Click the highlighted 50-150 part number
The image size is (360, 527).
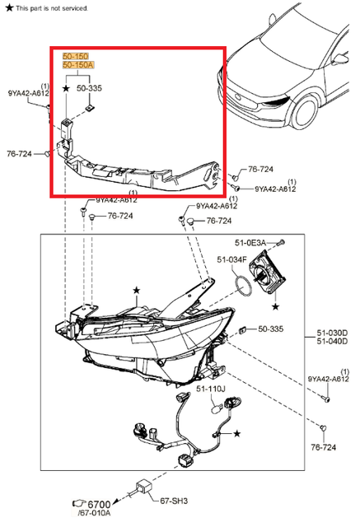click(x=77, y=55)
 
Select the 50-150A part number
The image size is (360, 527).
click(x=79, y=64)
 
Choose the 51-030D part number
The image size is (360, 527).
click(x=333, y=333)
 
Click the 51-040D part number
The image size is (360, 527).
click(x=333, y=343)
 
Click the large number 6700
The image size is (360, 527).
click(x=99, y=503)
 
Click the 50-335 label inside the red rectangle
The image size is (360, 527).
click(x=90, y=86)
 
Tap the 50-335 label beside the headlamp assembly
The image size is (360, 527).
click(x=270, y=329)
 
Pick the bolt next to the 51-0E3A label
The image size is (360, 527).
click(x=282, y=243)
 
